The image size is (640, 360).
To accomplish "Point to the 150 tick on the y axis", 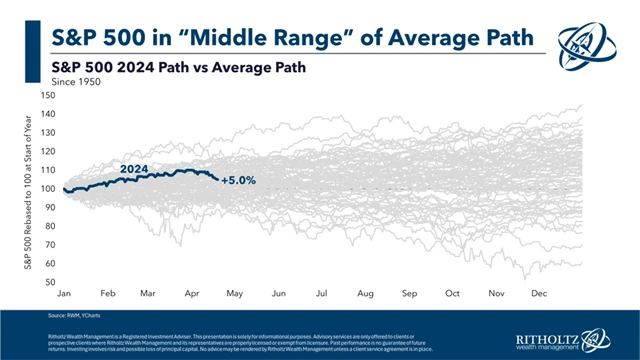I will (47, 94).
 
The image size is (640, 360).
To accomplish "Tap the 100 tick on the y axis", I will (47, 189).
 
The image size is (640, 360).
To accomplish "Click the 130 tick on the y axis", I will (47, 132).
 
